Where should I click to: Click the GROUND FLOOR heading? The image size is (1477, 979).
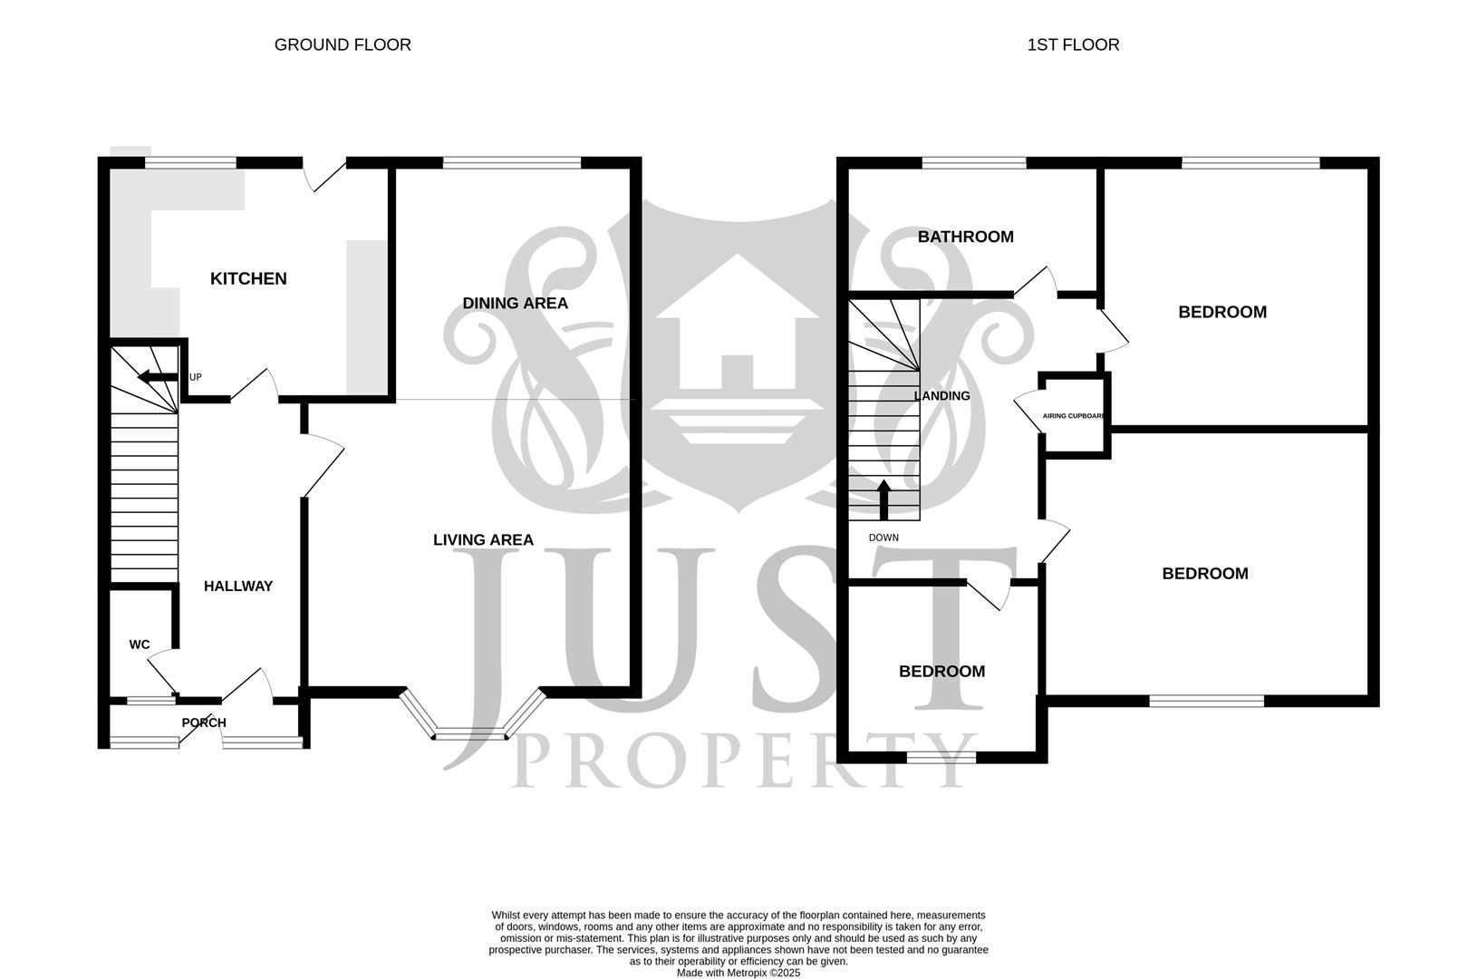343,44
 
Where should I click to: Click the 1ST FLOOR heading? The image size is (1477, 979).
1073,44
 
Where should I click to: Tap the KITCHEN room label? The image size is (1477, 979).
248,278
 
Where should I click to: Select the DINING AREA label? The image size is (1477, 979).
515,303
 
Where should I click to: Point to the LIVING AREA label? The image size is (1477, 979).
483,539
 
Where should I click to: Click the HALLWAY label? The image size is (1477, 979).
238,586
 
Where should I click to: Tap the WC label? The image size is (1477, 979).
140,645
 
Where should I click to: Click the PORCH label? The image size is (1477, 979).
204,722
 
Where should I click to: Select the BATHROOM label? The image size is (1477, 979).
966,237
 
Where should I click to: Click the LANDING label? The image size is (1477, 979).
942,396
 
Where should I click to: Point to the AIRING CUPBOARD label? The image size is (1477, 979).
1074,416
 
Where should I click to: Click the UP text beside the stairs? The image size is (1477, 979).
195,377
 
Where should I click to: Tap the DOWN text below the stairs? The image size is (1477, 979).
883,538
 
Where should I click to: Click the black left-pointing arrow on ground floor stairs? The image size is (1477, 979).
158,377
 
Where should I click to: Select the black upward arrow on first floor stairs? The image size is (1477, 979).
883,500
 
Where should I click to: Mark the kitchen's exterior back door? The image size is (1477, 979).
324,175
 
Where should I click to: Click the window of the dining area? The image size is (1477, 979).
512,162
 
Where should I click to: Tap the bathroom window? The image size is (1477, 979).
974,162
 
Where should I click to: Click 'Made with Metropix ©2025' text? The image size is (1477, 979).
738,973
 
